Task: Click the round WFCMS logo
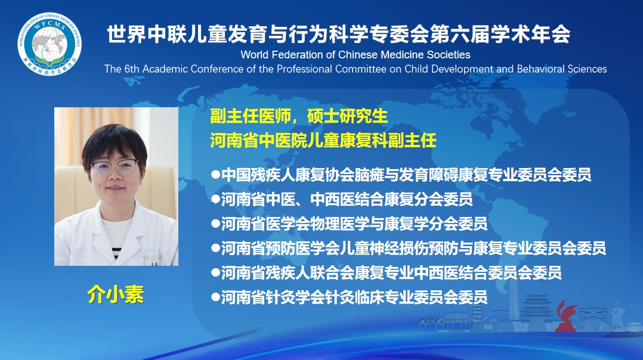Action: click(50, 44)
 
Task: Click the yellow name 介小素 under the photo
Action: click(115, 295)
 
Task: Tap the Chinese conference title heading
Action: click(338, 34)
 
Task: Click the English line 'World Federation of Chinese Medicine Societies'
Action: click(355, 54)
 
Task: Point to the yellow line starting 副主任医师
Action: click(299, 116)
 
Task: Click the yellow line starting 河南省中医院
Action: click(323, 141)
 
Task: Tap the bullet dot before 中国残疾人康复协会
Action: click(216, 175)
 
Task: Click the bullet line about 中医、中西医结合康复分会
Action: click(342, 200)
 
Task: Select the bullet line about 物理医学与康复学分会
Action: click(350, 224)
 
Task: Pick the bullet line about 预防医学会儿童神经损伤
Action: click(409, 248)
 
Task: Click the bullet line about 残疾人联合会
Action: click(387, 273)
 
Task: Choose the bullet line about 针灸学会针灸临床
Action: click(350, 297)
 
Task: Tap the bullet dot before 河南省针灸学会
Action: click(216, 297)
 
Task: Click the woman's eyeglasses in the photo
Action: click(115, 167)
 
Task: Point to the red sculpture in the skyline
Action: click(566, 316)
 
